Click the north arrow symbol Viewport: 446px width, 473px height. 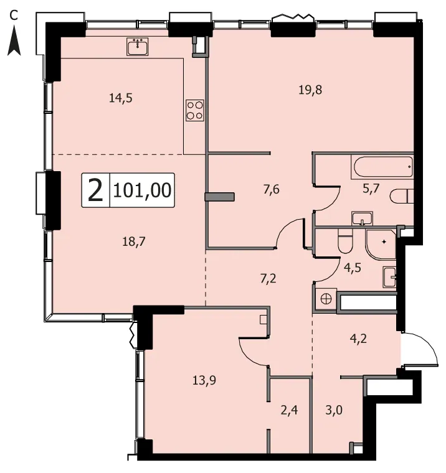click(14, 40)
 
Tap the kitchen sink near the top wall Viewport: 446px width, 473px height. click(138, 47)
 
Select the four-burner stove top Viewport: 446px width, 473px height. click(195, 110)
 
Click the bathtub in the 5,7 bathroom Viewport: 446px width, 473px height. click(382, 167)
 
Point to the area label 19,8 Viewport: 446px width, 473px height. click(310, 90)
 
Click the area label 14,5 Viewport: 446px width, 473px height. click(121, 98)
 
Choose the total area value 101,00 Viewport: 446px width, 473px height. click(142, 190)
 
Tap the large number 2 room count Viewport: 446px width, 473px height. click(95, 190)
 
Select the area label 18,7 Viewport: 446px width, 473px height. click(134, 241)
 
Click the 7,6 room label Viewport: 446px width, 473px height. click(272, 190)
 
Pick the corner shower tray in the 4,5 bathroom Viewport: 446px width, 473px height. click(381, 245)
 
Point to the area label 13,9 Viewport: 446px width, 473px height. click(204, 380)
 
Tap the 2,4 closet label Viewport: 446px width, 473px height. click(289, 410)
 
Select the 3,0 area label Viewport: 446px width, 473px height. click(334, 410)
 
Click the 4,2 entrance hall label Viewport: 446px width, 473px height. click(358, 339)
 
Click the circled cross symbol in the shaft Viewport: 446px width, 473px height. click(326, 299)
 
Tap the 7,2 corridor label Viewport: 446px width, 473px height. click(268, 279)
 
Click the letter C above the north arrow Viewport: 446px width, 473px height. click(14, 16)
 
